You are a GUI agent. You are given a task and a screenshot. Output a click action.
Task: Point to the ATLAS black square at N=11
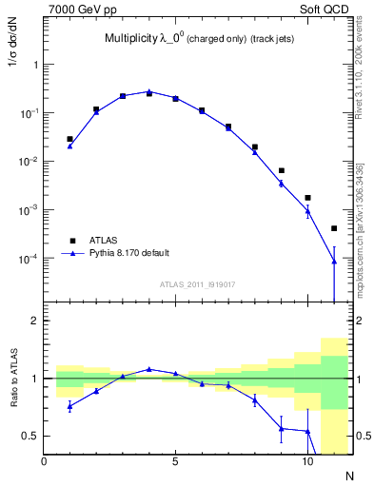click(x=334, y=228)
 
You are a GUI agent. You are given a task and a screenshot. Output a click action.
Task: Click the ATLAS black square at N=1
click(x=69, y=139)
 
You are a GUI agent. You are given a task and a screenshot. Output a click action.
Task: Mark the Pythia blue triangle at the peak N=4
click(x=149, y=91)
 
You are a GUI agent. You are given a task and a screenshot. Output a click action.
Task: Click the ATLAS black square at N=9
click(x=281, y=170)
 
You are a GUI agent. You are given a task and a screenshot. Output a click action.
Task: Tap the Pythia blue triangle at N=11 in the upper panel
click(x=334, y=262)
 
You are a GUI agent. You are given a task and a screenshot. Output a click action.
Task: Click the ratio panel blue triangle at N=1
click(x=69, y=406)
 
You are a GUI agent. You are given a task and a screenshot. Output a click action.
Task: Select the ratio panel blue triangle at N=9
click(x=281, y=428)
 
